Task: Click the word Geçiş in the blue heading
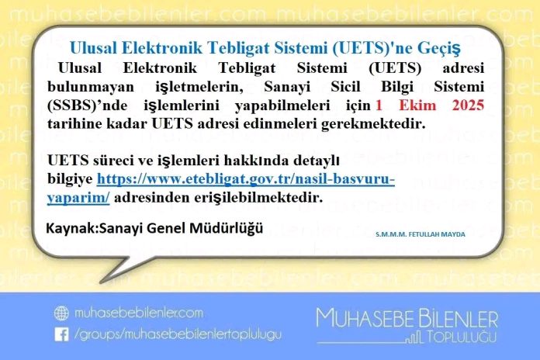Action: click(x=439, y=49)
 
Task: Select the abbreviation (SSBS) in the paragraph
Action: click(x=71, y=106)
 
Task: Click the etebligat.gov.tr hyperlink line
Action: click(x=245, y=178)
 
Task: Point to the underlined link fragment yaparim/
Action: click(x=78, y=199)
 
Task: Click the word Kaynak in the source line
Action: click(x=71, y=228)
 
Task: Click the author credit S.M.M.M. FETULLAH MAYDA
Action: click(x=421, y=234)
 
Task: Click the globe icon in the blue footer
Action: click(x=61, y=313)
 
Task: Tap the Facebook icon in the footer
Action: click(x=61, y=334)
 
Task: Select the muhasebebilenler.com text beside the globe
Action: click(x=138, y=313)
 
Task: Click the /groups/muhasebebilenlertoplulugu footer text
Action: click(x=178, y=334)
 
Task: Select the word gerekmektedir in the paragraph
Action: click(x=373, y=124)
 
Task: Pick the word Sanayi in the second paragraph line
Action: click(x=287, y=87)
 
